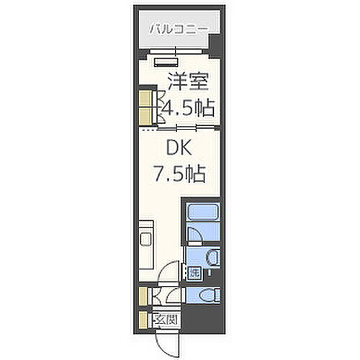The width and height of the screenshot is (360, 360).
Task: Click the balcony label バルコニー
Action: pos(178,30)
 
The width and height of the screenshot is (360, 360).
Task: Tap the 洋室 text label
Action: pos(184,80)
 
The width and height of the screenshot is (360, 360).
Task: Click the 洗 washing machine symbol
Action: pos(193,272)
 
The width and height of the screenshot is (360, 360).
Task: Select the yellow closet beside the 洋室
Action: pos(145,106)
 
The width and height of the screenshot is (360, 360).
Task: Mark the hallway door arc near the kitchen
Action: pos(166,274)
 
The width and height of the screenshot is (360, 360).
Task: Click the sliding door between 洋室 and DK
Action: pos(180,128)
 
